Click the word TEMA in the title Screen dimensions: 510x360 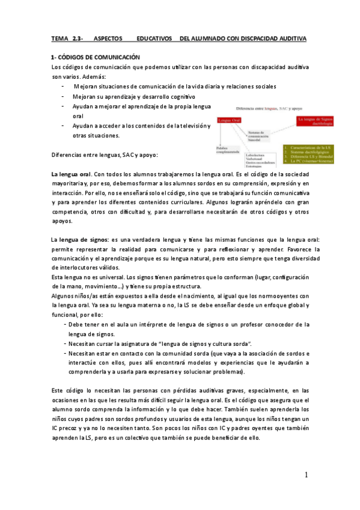(61, 38)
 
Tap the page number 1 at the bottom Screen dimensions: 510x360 (306, 475)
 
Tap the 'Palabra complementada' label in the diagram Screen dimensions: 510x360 (227, 149)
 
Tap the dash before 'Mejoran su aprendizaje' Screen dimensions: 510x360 (63, 96)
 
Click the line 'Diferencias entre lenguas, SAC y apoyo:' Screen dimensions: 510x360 (105, 155)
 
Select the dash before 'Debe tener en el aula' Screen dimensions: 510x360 (65, 325)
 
